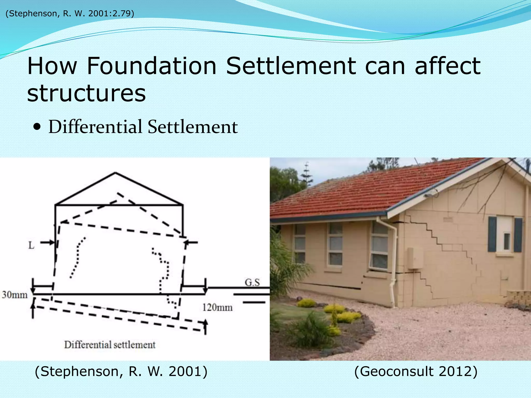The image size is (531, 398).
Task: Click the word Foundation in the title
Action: [151, 66]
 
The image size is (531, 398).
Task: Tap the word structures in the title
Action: [86, 93]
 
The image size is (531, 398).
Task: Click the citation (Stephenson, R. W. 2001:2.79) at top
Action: [70, 13]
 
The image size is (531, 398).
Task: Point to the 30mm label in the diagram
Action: [15, 295]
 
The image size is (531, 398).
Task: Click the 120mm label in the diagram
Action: [217, 308]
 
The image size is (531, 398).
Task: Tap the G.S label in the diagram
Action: [252, 282]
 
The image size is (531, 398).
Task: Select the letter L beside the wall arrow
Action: [31, 245]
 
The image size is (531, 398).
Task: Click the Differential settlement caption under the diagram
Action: [110, 345]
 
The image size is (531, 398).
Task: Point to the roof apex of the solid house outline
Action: [115, 173]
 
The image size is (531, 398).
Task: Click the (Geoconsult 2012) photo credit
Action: [416, 372]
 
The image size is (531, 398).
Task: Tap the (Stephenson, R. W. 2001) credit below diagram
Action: [121, 372]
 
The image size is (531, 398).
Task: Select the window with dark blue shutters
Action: [505, 235]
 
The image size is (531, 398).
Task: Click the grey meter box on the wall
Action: [415, 258]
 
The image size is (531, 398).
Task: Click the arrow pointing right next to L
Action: [48, 243]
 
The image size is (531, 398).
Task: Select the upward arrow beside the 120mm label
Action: [205, 326]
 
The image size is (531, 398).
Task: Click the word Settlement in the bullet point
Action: [192, 127]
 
